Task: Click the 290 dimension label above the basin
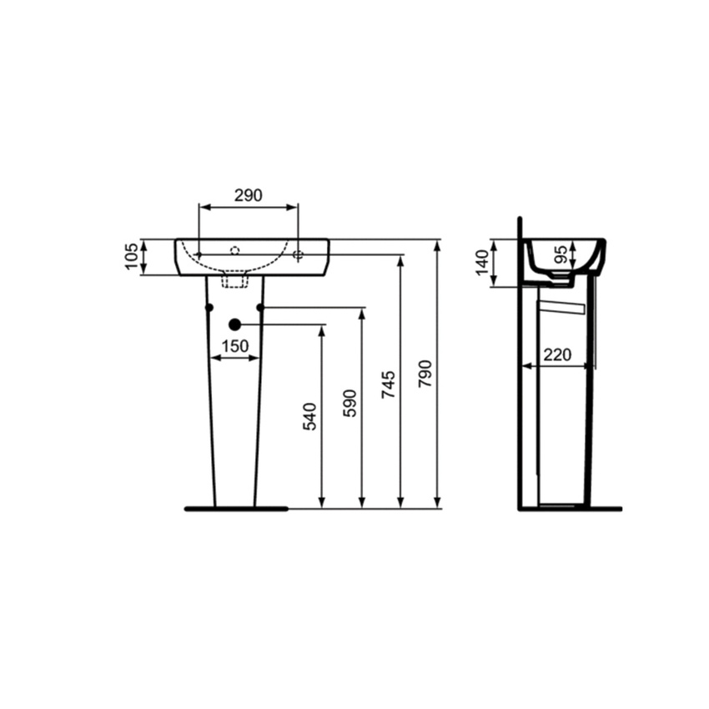tap(248, 195)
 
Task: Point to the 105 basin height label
tap(131, 257)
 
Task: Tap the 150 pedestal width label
tap(235, 346)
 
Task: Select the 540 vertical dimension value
tap(310, 415)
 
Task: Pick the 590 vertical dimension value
tap(350, 402)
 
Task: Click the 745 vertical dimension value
tap(390, 385)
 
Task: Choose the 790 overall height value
tap(425, 375)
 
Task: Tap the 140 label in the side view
tap(480, 264)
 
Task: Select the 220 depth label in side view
tap(556, 354)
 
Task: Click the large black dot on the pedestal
tap(235, 324)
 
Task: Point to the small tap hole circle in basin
tap(235, 249)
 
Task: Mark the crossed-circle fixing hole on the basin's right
tap(298, 254)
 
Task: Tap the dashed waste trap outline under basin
tap(235, 281)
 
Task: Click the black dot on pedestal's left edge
tap(209, 309)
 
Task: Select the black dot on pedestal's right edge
tap(260, 309)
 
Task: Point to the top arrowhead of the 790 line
tap(437, 244)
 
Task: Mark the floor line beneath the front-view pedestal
tap(235, 508)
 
